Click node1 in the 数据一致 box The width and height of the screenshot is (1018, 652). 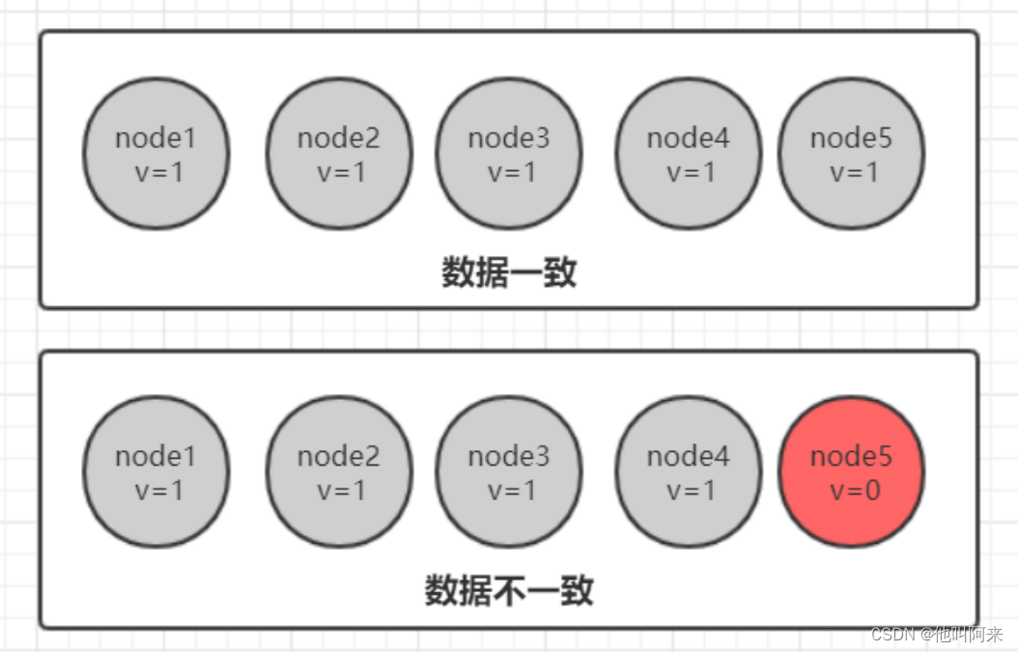pos(156,154)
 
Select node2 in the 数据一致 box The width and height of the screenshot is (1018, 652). pos(339,154)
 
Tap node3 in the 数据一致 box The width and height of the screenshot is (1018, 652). pos(509,154)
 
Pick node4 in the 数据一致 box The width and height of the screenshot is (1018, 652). pos(688,154)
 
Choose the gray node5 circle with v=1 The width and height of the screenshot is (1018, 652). pos(851,154)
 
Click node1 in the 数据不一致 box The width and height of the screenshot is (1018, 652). pos(156,471)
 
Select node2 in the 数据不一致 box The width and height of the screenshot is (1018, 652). pos(339,471)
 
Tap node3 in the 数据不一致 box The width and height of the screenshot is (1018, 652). pos(509,471)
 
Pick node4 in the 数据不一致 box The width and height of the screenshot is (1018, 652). pos(688,471)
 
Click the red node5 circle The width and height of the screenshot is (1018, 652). pos(851,471)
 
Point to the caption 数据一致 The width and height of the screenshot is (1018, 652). pos(509,273)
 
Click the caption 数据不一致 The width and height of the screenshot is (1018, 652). pos(509,590)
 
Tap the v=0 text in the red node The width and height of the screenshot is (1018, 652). pos(855,490)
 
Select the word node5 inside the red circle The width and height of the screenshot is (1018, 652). pos(851,456)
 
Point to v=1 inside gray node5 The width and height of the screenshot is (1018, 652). pos(855,172)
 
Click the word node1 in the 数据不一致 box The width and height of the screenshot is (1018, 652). pos(156,456)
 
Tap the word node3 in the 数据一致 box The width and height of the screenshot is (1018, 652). pos(509,138)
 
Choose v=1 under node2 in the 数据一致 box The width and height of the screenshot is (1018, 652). pos(342,172)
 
